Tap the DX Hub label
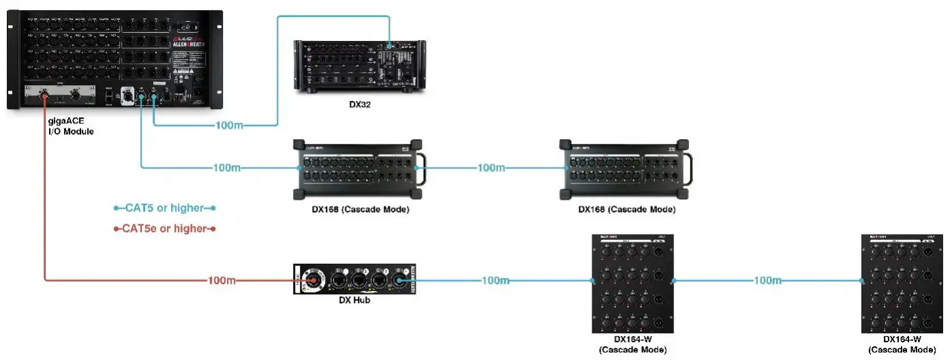point(354,300)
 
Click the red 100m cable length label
point(223,281)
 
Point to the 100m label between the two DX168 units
point(491,168)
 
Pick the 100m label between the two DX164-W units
point(769,281)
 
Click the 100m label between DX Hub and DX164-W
point(495,281)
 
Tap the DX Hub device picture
point(354,280)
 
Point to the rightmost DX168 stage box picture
point(626,170)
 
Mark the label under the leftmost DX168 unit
point(356,209)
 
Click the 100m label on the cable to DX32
point(229,125)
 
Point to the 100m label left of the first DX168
point(227,168)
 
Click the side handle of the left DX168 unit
point(423,168)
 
